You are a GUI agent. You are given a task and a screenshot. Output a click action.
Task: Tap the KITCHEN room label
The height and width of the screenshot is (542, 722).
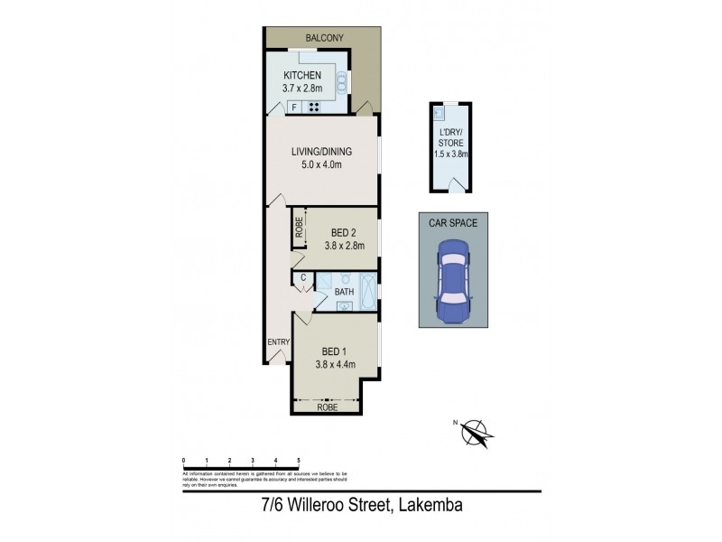pos(303,76)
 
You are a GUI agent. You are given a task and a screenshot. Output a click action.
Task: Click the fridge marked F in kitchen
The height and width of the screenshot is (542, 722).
pos(295,107)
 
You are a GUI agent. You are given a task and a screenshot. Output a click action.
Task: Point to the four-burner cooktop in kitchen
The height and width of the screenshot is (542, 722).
pos(314,107)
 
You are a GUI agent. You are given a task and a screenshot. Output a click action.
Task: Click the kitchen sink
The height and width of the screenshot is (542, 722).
pos(341,84)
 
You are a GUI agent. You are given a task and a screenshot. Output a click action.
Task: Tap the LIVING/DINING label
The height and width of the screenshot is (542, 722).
pos(320,152)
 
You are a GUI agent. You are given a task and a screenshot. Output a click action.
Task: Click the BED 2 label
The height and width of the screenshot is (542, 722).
pos(341,230)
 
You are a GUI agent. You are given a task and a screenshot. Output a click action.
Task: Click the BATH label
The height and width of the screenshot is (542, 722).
pos(344,293)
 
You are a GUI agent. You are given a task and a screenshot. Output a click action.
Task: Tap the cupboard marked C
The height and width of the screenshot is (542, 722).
pos(302,277)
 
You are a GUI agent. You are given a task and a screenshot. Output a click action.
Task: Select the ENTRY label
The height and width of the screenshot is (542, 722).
pos(277,341)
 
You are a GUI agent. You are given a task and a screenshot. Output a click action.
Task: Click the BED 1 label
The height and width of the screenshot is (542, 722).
pos(334,351)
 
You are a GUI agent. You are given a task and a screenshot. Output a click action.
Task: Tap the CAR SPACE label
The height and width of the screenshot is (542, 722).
pos(453,222)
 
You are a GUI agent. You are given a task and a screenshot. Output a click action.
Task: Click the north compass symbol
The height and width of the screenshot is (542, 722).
pos(476,433)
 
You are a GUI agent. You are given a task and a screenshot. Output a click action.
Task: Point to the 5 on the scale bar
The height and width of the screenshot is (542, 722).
pos(298,461)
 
